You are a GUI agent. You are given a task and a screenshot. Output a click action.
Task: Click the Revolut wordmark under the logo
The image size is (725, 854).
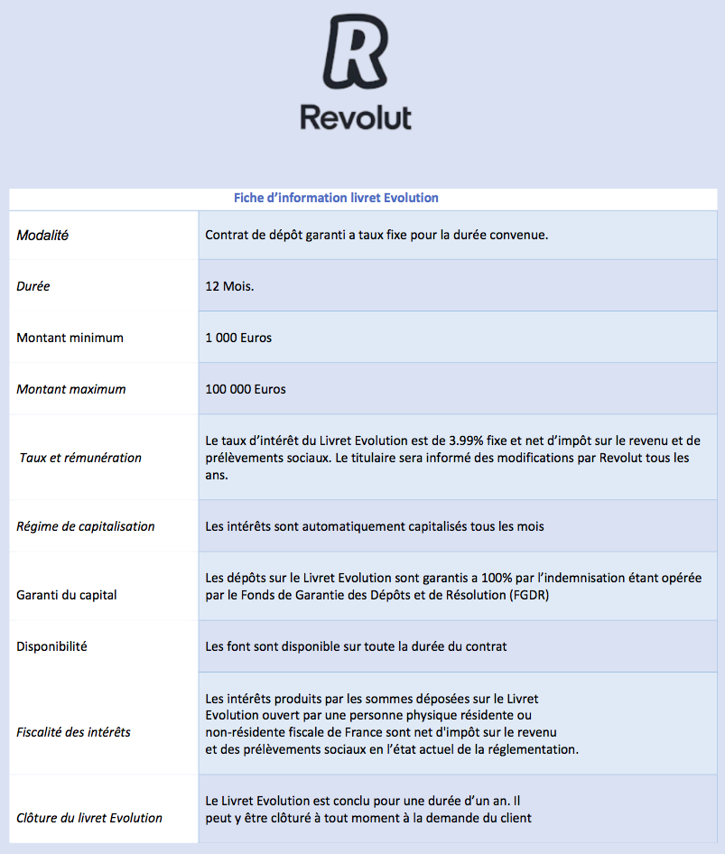coord(355,117)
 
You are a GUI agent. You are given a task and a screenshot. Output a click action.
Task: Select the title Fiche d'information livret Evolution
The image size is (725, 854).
coord(336,198)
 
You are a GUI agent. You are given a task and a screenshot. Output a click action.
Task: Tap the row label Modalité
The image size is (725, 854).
coord(42,236)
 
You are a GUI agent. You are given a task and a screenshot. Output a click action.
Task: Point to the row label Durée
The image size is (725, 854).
coord(33,286)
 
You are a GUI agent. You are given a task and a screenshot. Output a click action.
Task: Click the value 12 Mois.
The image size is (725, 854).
coord(230,286)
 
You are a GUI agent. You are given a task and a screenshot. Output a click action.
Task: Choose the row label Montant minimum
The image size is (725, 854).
coord(70,338)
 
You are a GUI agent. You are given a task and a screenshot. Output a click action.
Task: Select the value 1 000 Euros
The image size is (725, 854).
coord(238,338)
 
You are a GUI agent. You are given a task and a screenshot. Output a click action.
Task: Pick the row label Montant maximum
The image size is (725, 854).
coord(71,389)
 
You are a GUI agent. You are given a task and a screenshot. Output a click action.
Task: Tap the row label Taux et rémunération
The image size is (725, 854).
coord(80,458)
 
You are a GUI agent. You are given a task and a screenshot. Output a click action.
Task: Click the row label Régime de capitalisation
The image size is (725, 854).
coord(86,526)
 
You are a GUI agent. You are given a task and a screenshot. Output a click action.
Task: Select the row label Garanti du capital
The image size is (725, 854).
coord(67,595)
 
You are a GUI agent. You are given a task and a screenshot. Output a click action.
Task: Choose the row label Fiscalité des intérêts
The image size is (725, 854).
coord(73,732)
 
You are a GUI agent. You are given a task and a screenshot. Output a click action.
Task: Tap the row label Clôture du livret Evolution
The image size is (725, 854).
coord(89,818)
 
